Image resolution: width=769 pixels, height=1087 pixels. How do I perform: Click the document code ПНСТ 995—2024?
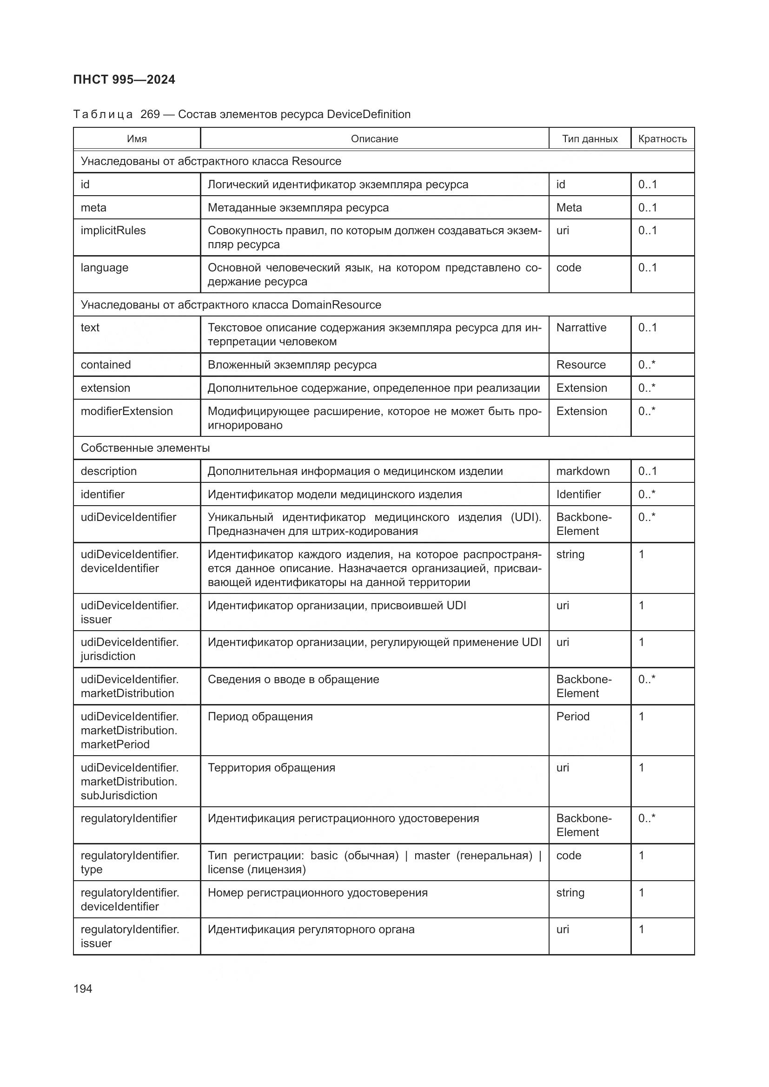[124, 79]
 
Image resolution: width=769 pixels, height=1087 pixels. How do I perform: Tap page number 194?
[83, 988]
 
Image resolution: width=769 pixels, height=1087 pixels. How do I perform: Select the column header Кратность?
[662, 138]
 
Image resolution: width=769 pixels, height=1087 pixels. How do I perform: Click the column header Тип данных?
[590, 138]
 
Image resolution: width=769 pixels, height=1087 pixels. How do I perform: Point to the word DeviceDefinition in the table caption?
[368, 114]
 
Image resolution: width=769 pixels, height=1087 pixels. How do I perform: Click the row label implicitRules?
[113, 231]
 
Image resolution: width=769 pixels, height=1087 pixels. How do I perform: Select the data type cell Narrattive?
[581, 328]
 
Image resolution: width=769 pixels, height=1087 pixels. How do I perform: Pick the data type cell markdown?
[583, 471]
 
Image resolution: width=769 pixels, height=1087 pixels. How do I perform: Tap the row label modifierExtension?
[126, 411]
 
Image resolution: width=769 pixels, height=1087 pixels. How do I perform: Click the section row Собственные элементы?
[145, 448]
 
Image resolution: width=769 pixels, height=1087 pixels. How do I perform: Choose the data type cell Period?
[572, 716]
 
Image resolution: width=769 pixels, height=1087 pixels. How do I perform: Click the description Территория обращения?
[272, 767]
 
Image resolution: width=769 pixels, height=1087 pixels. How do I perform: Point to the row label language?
[104, 268]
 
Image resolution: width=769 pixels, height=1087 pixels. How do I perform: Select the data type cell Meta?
[569, 207]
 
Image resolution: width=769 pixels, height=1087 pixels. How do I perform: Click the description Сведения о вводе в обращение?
[293, 679]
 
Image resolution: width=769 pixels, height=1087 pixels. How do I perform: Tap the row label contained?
[106, 364]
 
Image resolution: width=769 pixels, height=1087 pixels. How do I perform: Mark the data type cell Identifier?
[578, 494]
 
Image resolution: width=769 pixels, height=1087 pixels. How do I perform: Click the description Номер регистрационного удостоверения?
[317, 892]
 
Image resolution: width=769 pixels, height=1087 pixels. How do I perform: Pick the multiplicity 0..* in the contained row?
[646, 364]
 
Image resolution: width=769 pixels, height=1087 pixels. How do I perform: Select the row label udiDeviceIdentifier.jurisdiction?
[129, 649]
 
